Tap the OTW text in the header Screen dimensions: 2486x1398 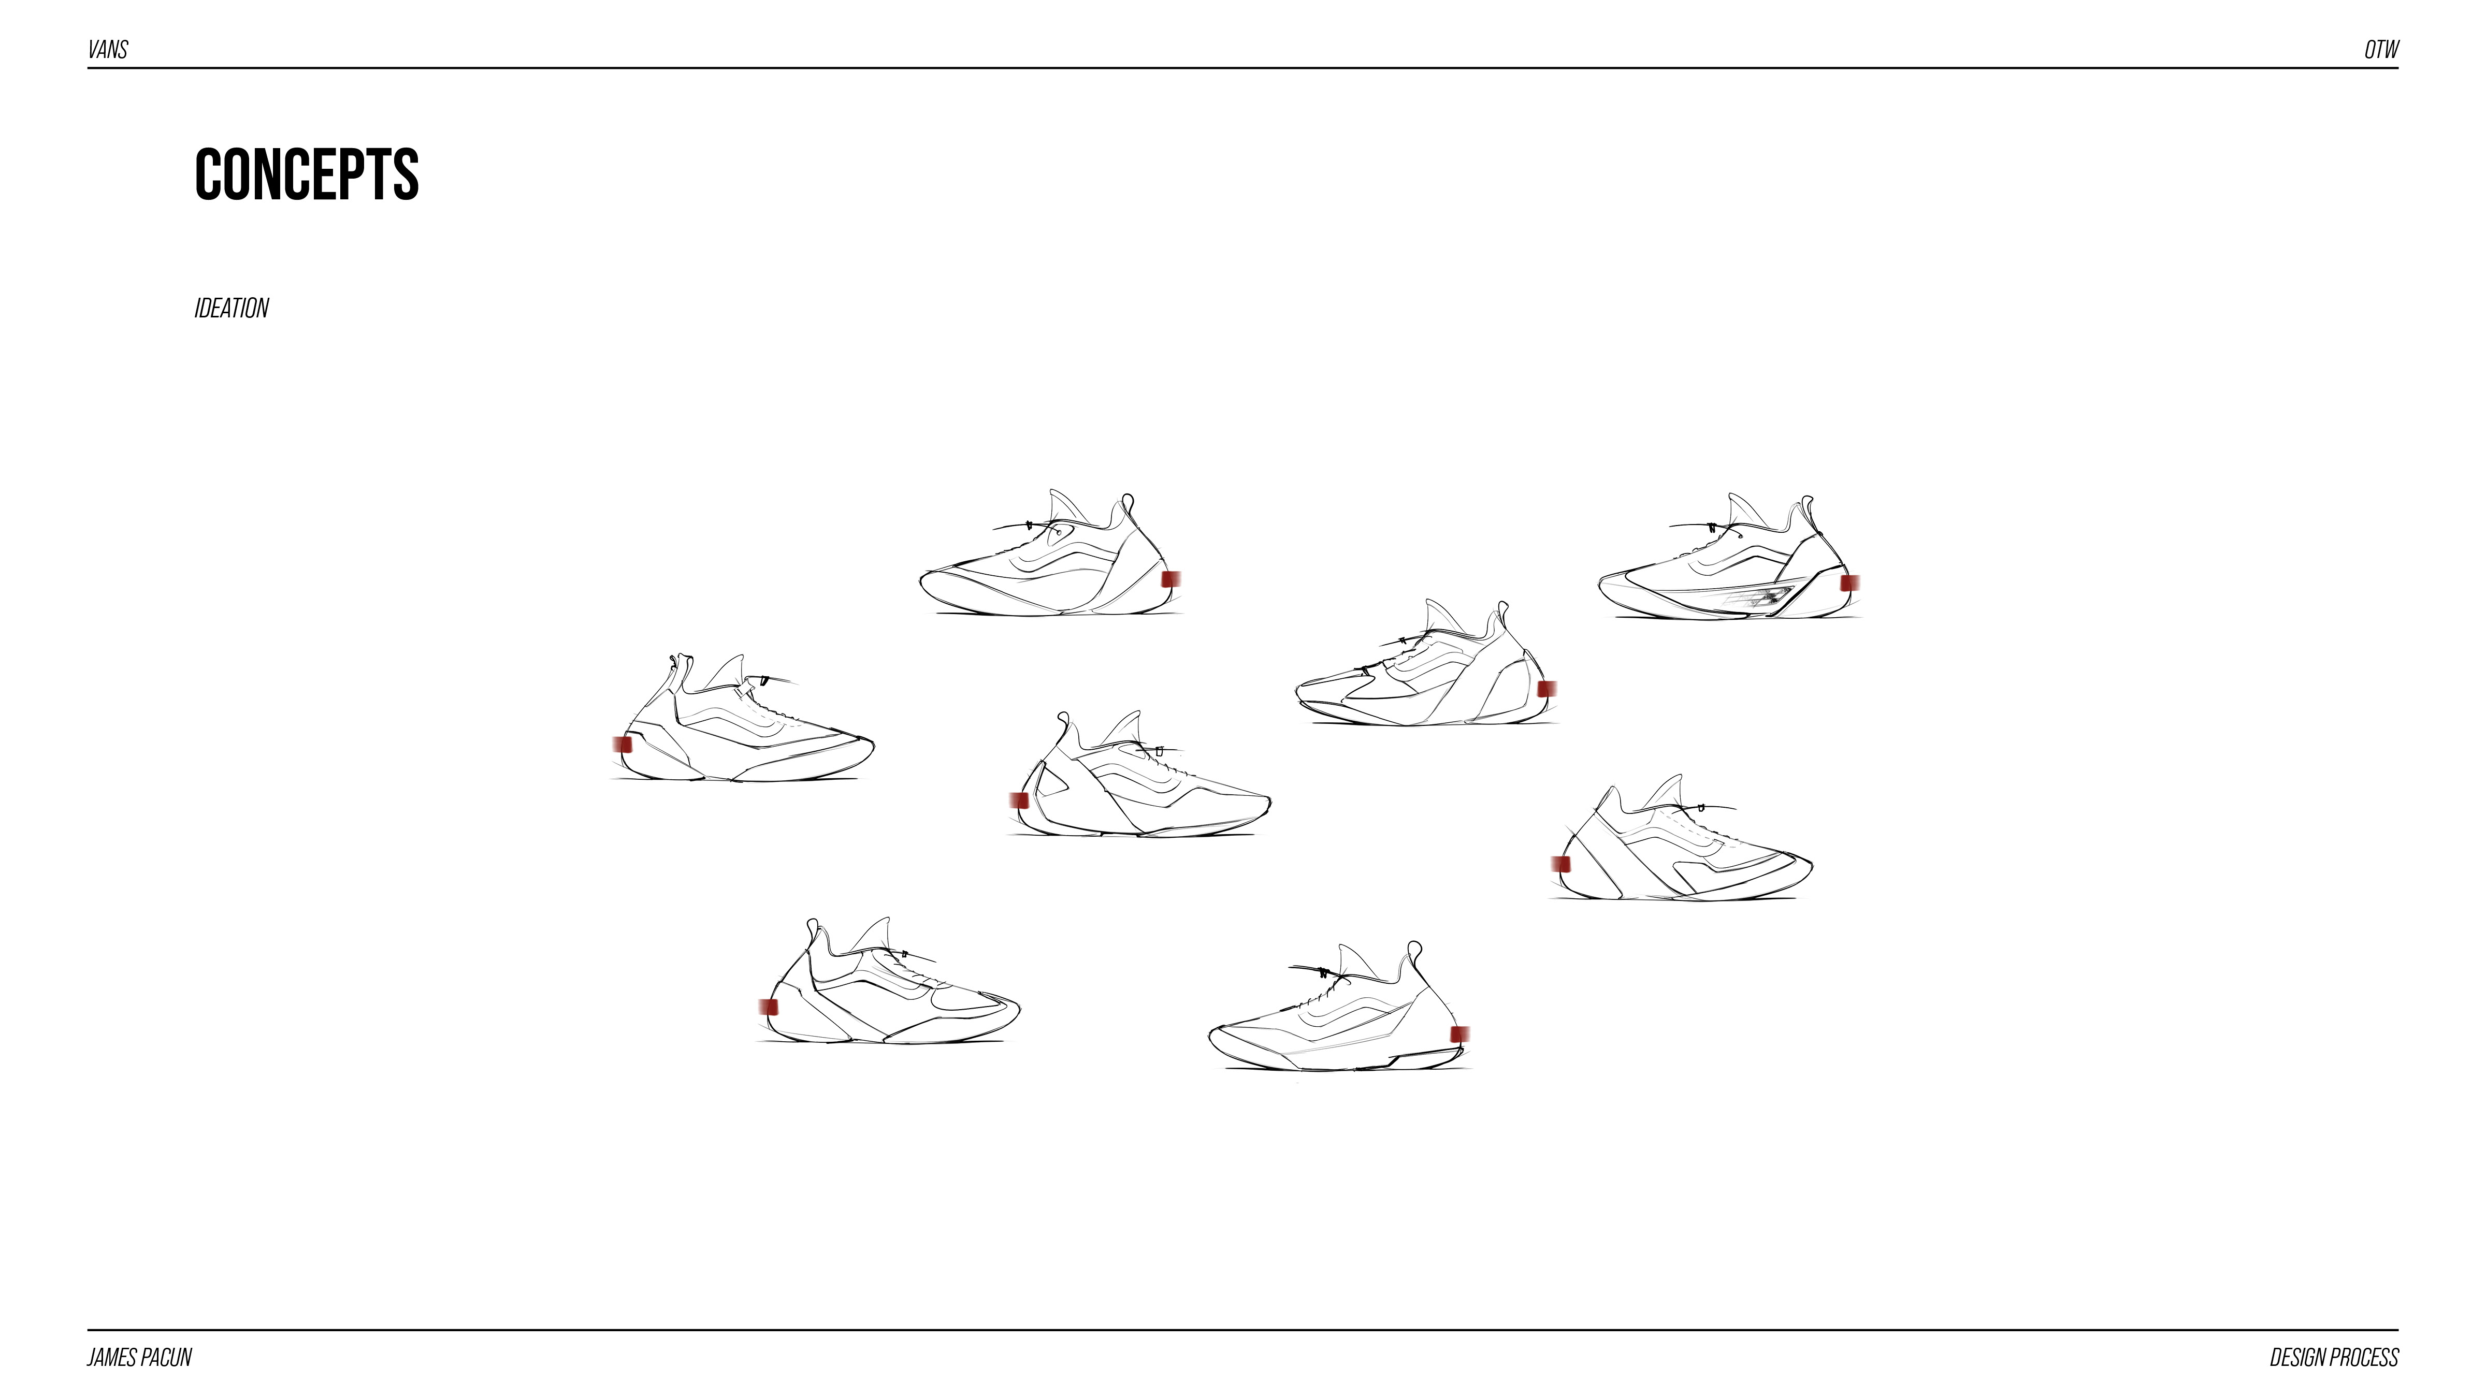coord(2381,49)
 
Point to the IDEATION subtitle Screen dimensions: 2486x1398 coord(232,308)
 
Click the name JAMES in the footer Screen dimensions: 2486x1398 coord(112,1358)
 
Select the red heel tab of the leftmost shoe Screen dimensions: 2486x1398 coord(623,744)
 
